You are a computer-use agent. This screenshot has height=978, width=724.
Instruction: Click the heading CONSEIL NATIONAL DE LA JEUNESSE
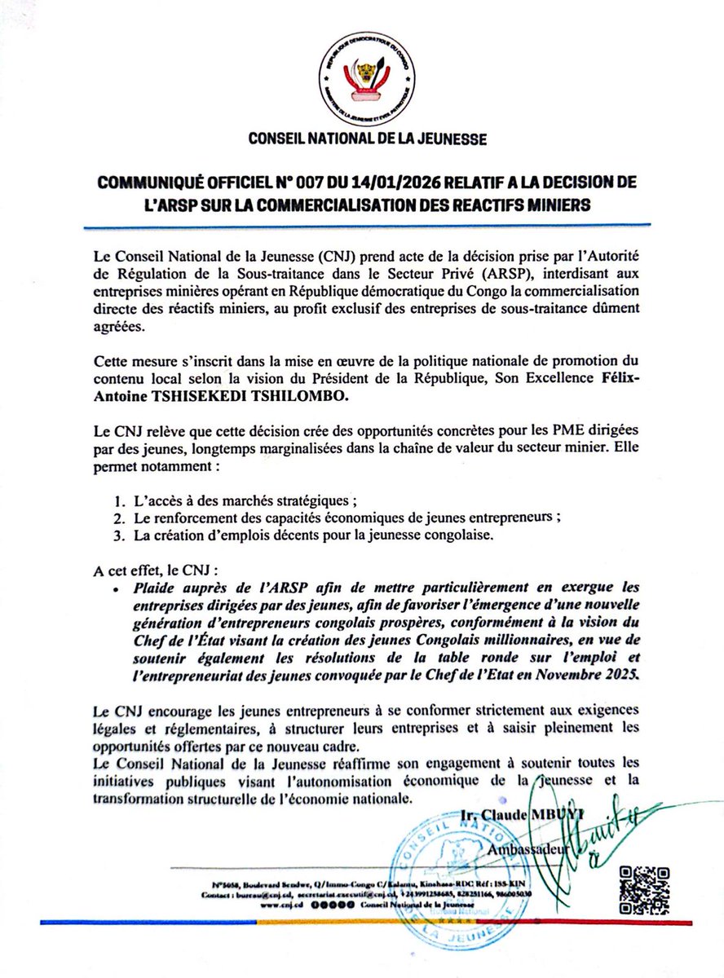click(364, 139)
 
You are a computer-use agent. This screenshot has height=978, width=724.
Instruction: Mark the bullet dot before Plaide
click(119, 587)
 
